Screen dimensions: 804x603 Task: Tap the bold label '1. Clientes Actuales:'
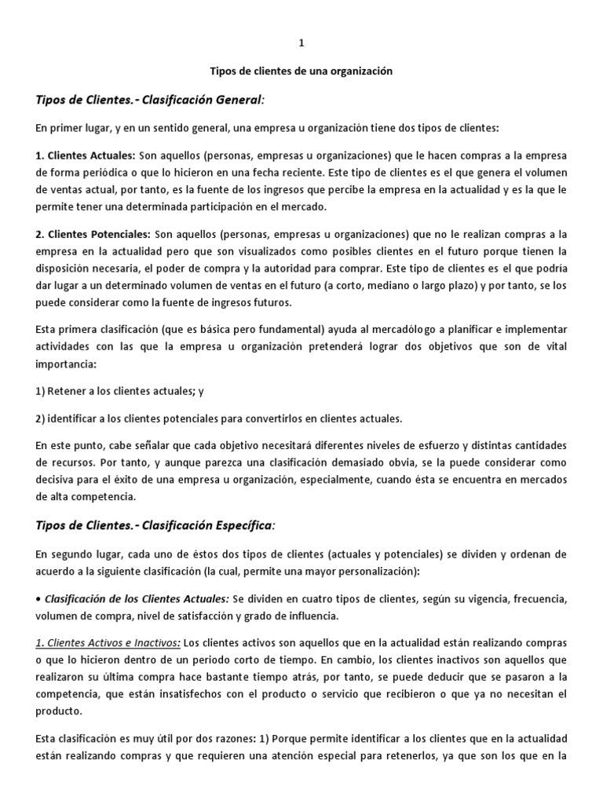86,155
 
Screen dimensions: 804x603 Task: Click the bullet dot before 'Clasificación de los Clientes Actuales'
38,598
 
